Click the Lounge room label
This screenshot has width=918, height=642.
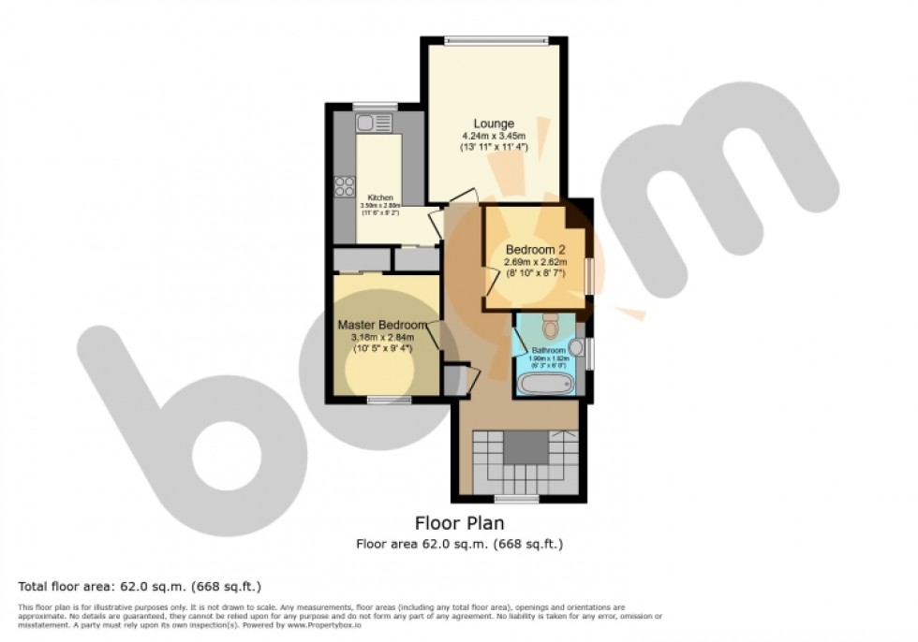click(x=493, y=124)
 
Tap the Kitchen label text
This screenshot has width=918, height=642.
click(x=379, y=197)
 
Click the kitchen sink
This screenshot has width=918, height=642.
click(x=376, y=122)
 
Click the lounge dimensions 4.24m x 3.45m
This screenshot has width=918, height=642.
click(x=493, y=136)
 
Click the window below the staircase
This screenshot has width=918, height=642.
click(x=516, y=499)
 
